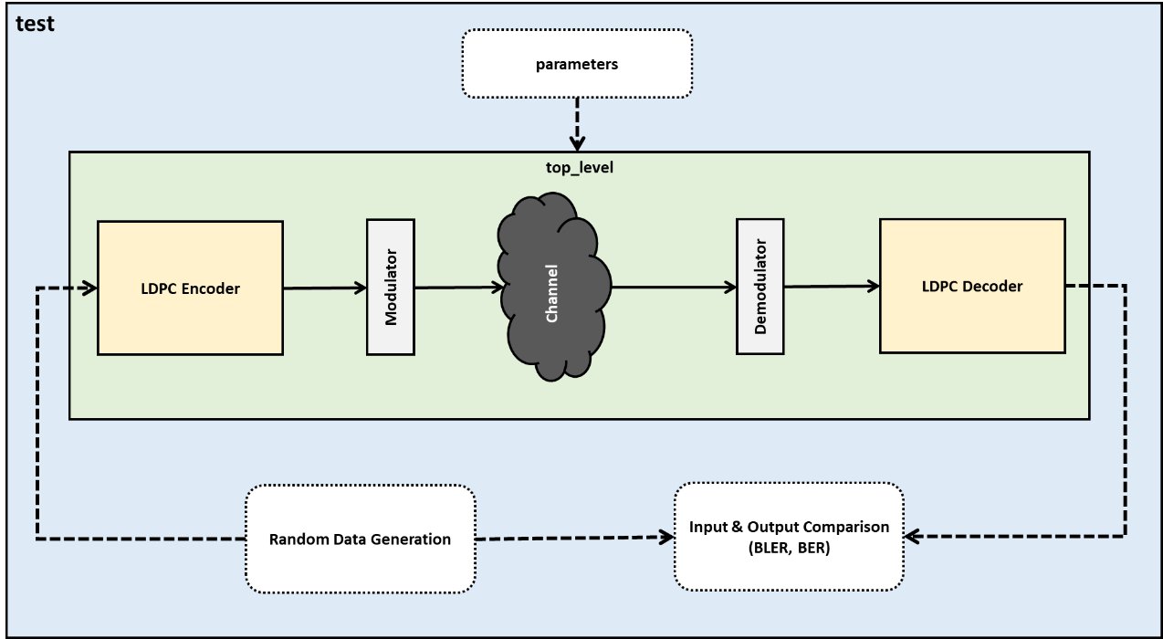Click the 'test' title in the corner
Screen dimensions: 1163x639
35,24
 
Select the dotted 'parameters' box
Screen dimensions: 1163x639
577,63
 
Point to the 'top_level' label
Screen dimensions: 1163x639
580,168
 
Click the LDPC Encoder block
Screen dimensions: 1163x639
190,288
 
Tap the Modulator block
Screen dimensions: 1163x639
391,287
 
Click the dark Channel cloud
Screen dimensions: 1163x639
553,287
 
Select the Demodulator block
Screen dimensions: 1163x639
760,287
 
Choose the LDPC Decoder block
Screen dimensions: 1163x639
972,286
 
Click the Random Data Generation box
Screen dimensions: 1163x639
360,539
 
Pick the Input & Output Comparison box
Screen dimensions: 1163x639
789,536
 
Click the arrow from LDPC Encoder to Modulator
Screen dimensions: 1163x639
325,288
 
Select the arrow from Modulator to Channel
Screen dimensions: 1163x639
459,287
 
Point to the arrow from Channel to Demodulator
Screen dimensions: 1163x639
674,287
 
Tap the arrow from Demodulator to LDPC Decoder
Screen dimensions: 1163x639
832,286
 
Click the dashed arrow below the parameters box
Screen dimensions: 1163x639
577,124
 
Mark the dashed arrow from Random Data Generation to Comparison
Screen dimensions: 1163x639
575,538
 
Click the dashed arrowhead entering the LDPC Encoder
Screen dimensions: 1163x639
89,288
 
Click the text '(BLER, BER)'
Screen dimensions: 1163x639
789,548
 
